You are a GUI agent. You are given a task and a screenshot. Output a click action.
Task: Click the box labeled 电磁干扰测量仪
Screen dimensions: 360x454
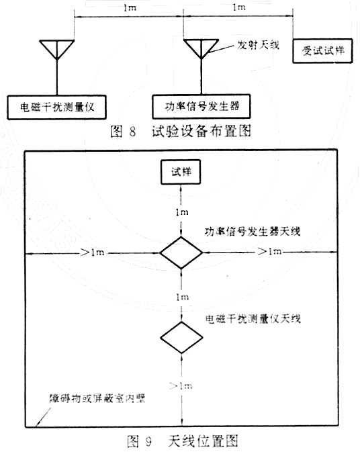tap(57, 107)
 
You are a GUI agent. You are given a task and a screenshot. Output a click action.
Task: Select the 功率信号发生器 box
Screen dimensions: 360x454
tap(201, 106)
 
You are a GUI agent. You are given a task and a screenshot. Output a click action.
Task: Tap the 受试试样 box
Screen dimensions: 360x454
tap(322, 50)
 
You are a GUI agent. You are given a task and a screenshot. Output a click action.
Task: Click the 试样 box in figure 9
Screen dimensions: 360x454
tap(181, 172)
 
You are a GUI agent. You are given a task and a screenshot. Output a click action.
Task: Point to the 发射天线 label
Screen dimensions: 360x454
tap(259, 45)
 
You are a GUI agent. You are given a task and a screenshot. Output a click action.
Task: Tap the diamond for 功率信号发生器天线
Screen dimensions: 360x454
tap(181, 253)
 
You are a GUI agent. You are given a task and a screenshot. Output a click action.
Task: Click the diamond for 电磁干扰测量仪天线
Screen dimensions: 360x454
tap(181, 338)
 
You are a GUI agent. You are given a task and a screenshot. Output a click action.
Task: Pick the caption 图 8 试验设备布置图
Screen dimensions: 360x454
tap(181, 131)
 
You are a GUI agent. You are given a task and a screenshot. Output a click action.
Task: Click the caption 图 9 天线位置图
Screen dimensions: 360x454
tap(183, 441)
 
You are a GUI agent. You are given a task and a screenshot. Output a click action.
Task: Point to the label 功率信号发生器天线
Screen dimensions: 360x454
tap(253, 232)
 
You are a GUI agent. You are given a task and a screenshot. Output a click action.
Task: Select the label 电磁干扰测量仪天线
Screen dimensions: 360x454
tap(253, 319)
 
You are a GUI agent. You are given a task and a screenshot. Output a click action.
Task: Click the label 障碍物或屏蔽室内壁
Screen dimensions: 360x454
tap(97, 398)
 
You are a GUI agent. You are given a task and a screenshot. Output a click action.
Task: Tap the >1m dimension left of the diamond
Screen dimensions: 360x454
tap(93, 253)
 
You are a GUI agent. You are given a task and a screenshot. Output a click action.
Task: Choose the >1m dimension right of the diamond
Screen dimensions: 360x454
tap(269, 252)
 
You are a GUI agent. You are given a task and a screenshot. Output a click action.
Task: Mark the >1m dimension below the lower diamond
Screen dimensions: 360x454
tap(181, 386)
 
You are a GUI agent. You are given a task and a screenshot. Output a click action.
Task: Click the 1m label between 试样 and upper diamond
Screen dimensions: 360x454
tap(182, 212)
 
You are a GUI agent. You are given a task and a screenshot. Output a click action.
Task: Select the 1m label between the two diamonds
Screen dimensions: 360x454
tap(183, 297)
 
